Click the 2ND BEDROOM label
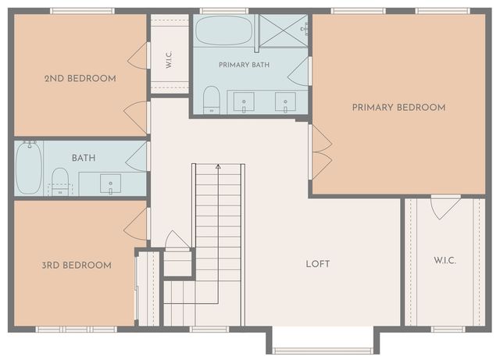pyautogui.click(x=80, y=78)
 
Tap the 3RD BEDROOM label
pyautogui.click(x=77, y=266)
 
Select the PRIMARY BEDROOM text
pyautogui.click(x=398, y=108)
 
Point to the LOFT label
pyautogui.click(x=318, y=264)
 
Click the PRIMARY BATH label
pyautogui.click(x=244, y=65)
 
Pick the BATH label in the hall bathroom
pyautogui.click(x=84, y=158)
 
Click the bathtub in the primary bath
pyautogui.click(x=224, y=30)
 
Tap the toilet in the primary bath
pyautogui.click(x=212, y=99)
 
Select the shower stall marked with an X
pyautogui.click(x=284, y=31)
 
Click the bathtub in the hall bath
pyautogui.click(x=29, y=168)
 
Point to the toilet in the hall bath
pyautogui.click(x=60, y=181)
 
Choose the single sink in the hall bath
pyautogui.click(x=110, y=184)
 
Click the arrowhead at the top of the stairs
pyautogui.click(x=218, y=166)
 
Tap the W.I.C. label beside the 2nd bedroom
pyautogui.click(x=169, y=59)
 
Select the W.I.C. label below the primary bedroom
pyautogui.click(x=445, y=261)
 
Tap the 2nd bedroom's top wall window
pyautogui.click(x=82, y=11)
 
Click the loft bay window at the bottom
pyautogui.click(x=323, y=351)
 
